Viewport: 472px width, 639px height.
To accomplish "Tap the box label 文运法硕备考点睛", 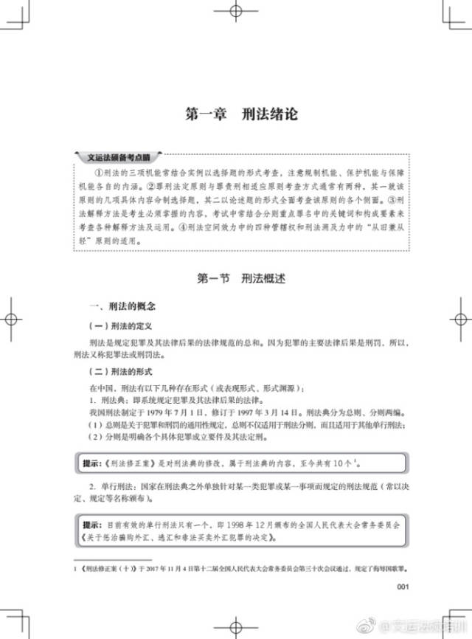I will coord(119,157).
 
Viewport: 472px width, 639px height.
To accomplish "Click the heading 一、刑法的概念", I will coord(121,305).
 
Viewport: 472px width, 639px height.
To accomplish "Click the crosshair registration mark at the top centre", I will coord(236,13).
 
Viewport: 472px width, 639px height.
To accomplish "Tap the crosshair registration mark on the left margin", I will coord(13,319).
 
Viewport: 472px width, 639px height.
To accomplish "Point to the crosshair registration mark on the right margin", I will coord(459,319).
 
